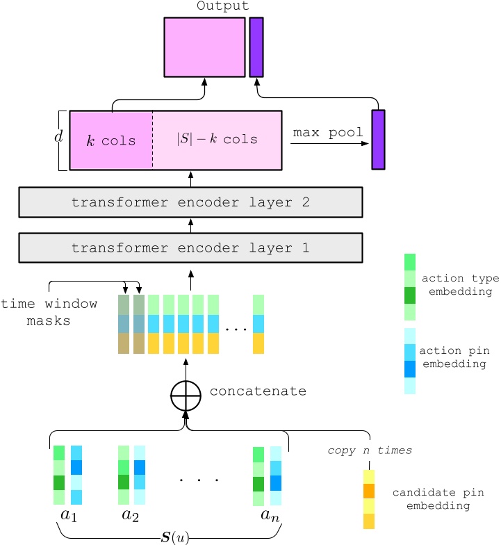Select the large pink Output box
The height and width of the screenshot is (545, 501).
click(x=204, y=47)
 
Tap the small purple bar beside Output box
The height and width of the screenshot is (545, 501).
click(x=256, y=47)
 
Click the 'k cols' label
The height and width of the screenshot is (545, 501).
click(x=112, y=140)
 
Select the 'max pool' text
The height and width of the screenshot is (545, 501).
click(x=328, y=132)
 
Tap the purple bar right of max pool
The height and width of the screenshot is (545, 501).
click(x=378, y=139)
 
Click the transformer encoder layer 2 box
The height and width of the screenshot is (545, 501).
click(x=190, y=202)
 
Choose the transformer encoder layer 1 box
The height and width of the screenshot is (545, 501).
click(x=190, y=247)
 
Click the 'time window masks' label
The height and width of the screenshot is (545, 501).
click(x=49, y=312)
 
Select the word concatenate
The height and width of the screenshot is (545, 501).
click(x=258, y=391)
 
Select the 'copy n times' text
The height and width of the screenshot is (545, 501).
click(x=370, y=450)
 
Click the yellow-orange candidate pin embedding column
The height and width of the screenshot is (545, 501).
click(x=369, y=499)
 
